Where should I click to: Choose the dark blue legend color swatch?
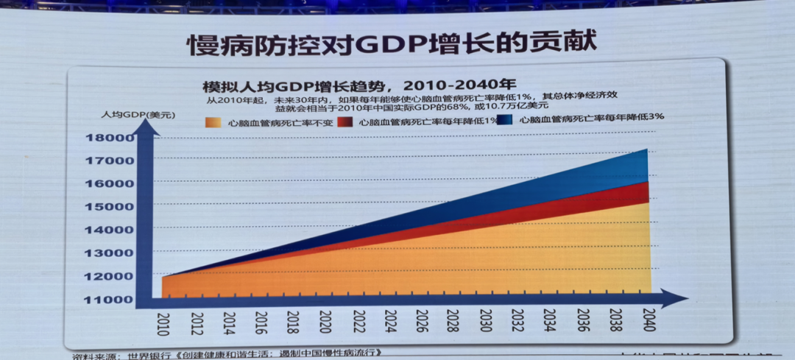coord(505,120)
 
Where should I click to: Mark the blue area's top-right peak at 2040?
coord(646,150)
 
